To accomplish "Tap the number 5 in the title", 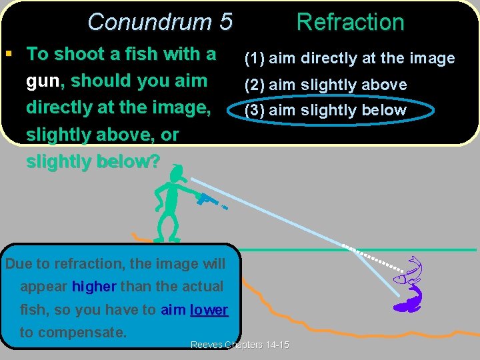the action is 225,22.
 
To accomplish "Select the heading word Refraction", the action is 350,22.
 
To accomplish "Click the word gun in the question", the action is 43,81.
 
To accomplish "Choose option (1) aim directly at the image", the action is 349,59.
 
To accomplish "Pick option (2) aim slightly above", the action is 325,85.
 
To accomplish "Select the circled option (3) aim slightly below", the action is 325,110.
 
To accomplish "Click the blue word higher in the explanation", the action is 94,287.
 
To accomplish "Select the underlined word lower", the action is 209,309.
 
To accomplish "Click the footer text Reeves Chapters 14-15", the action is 240,345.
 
